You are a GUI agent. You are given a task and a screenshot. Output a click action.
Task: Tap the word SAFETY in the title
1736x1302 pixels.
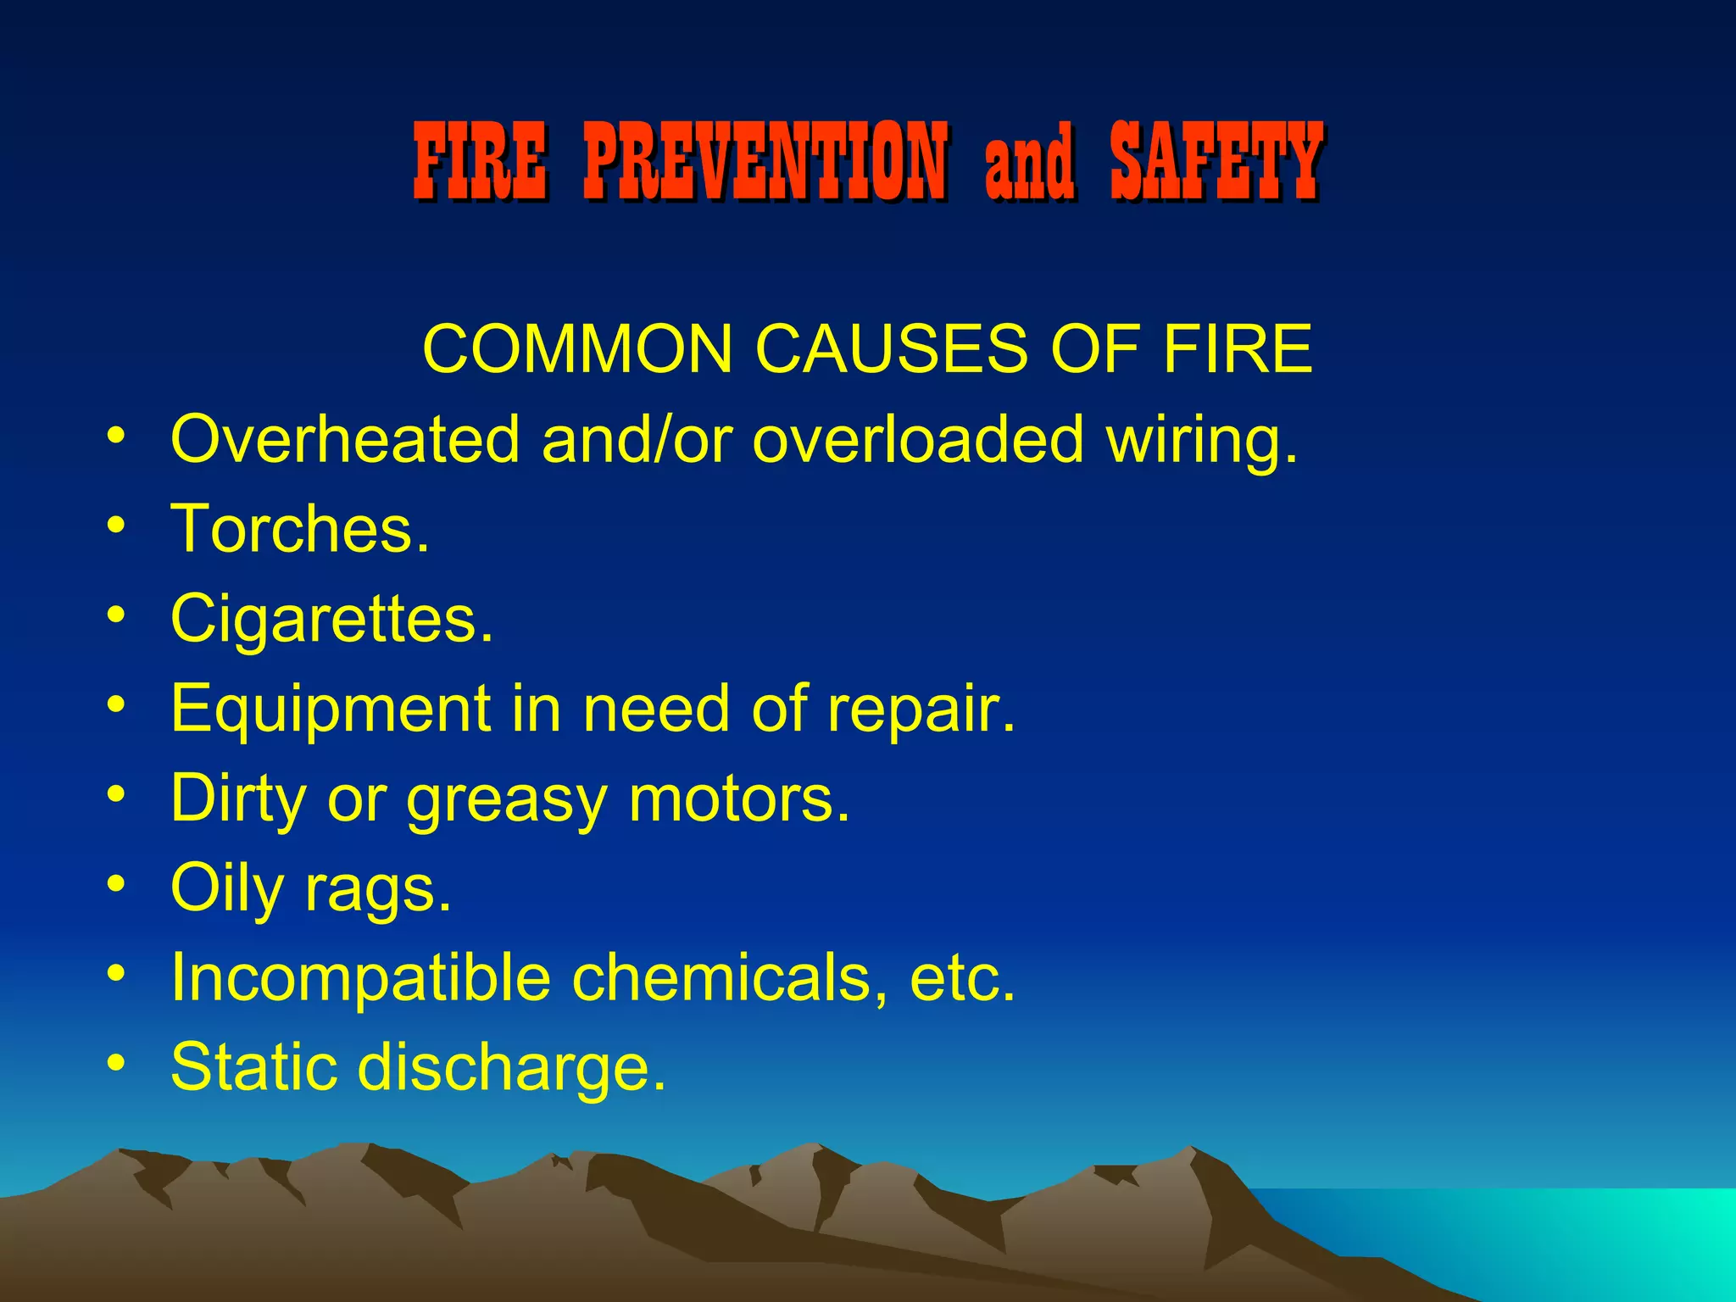1216,161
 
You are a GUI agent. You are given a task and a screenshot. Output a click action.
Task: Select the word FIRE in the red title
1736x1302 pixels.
480,161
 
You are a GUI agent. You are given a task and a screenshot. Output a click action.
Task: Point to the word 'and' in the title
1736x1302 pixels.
1029,161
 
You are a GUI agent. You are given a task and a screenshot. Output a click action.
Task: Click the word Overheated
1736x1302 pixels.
345,439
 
